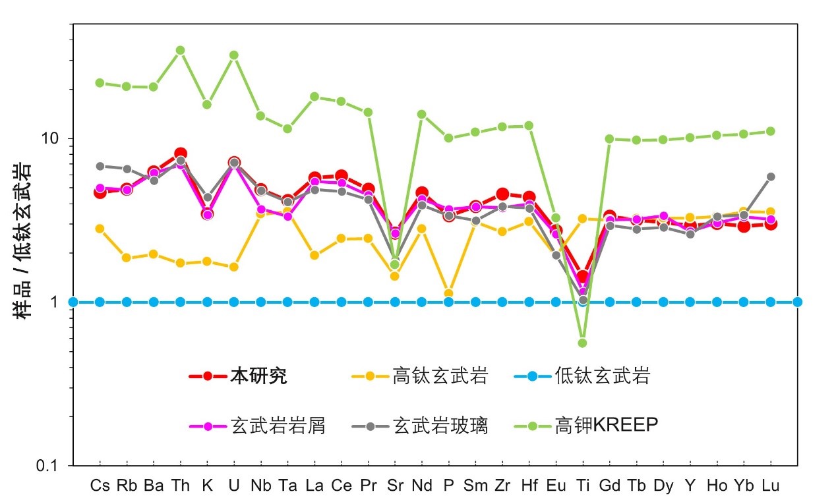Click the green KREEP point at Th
pos(180,50)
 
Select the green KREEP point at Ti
pos(582,343)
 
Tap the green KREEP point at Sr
pos(395,264)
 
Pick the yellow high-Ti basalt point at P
pos(448,293)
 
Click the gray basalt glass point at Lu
pos(770,177)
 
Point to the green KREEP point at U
pos(234,55)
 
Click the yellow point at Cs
pos(100,229)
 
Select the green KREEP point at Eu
pos(556,217)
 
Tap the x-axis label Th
pos(180,486)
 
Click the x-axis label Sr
pos(395,486)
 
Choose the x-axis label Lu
pos(770,486)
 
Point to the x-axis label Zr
pos(502,486)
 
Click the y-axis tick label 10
pos(51,139)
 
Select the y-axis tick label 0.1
pos(48,466)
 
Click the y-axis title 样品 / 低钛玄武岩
pos(24,240)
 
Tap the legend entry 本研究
pos(258,376)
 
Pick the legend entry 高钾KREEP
pos(607,426)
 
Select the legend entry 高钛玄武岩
pos(440,376)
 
